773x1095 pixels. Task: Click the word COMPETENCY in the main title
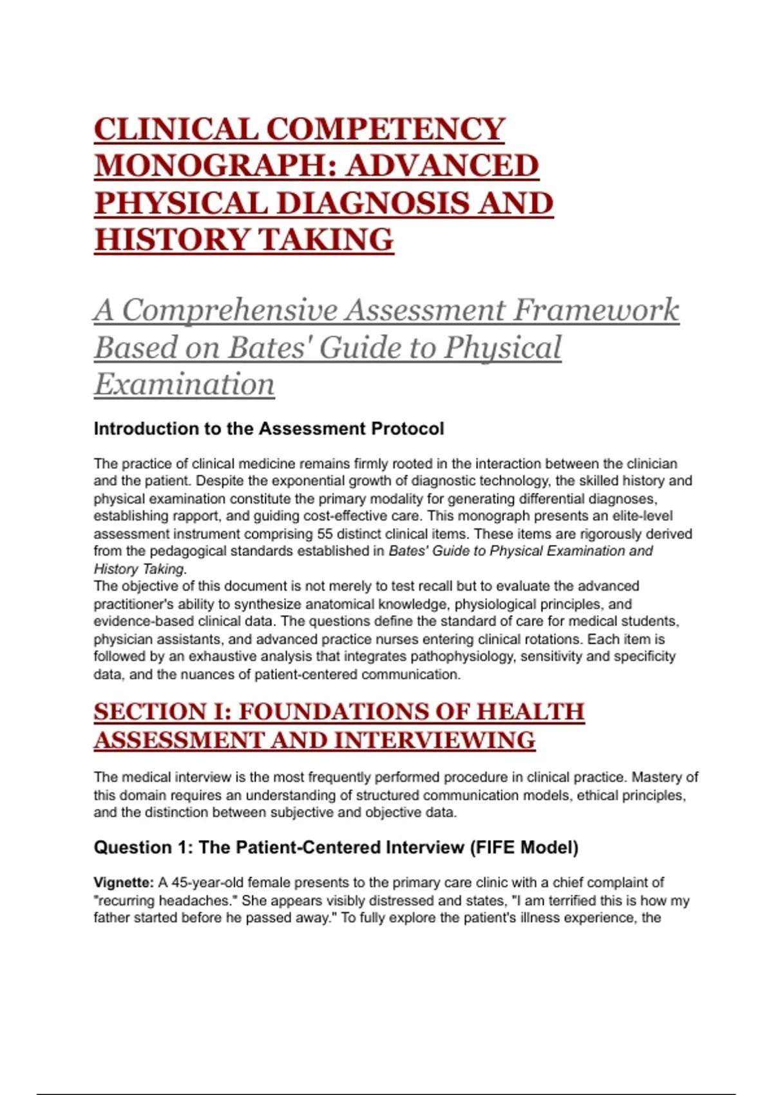[385, 129]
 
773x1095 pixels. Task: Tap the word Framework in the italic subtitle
[596, 310]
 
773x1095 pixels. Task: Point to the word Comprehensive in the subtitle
[229, 310]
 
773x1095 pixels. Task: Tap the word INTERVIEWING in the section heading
[435, 741]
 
